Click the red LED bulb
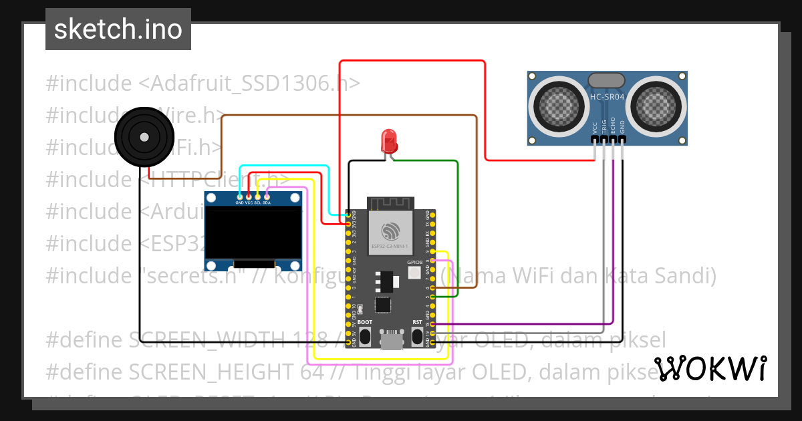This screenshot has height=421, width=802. (389, 140)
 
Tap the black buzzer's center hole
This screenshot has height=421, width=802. (144, 137)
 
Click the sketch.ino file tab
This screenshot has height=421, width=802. (118, 29)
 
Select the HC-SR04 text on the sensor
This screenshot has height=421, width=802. (607, 97)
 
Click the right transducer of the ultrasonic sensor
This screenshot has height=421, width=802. (658, 104)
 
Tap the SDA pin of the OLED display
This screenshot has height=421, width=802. (267, 201)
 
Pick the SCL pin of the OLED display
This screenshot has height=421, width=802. (257, 201)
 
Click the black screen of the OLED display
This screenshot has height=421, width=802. (253, 234)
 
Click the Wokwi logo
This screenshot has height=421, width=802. (710, 368)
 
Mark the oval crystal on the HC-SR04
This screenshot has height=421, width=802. (606, 80)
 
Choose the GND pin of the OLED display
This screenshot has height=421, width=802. (239, 201)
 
